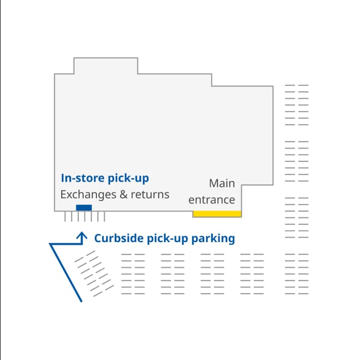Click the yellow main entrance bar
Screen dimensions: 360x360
(217, 214)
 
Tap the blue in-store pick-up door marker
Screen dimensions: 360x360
(84, 208)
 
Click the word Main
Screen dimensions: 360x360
(222, 183)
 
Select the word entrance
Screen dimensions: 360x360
(212, 200)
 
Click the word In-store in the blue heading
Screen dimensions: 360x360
(83, 178)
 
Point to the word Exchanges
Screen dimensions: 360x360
(88, 195)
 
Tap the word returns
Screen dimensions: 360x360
(150, 195)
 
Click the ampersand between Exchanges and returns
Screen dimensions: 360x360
(123, 194)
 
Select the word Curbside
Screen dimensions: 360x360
(119, 238)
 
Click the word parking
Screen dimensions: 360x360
(213, 239)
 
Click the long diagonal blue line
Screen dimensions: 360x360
(66, 273)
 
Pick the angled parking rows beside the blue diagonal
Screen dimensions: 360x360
(94, 274)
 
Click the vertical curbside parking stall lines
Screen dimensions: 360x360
(85, 217)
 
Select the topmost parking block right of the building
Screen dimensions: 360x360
(297, 105)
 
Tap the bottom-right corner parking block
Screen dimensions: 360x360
(297, 274)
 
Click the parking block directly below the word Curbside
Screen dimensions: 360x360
(133, 274)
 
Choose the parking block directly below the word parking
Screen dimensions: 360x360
(212, 274)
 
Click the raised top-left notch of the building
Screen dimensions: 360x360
(106, 66)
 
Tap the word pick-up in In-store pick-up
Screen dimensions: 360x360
(128, 178)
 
